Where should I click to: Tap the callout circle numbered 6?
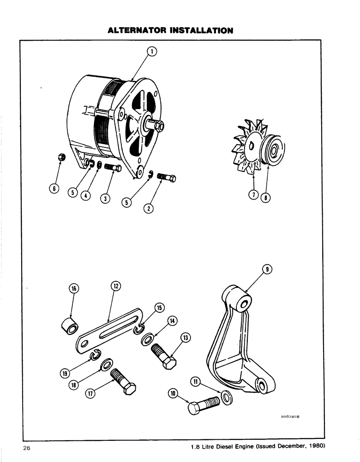coord(54,188)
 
